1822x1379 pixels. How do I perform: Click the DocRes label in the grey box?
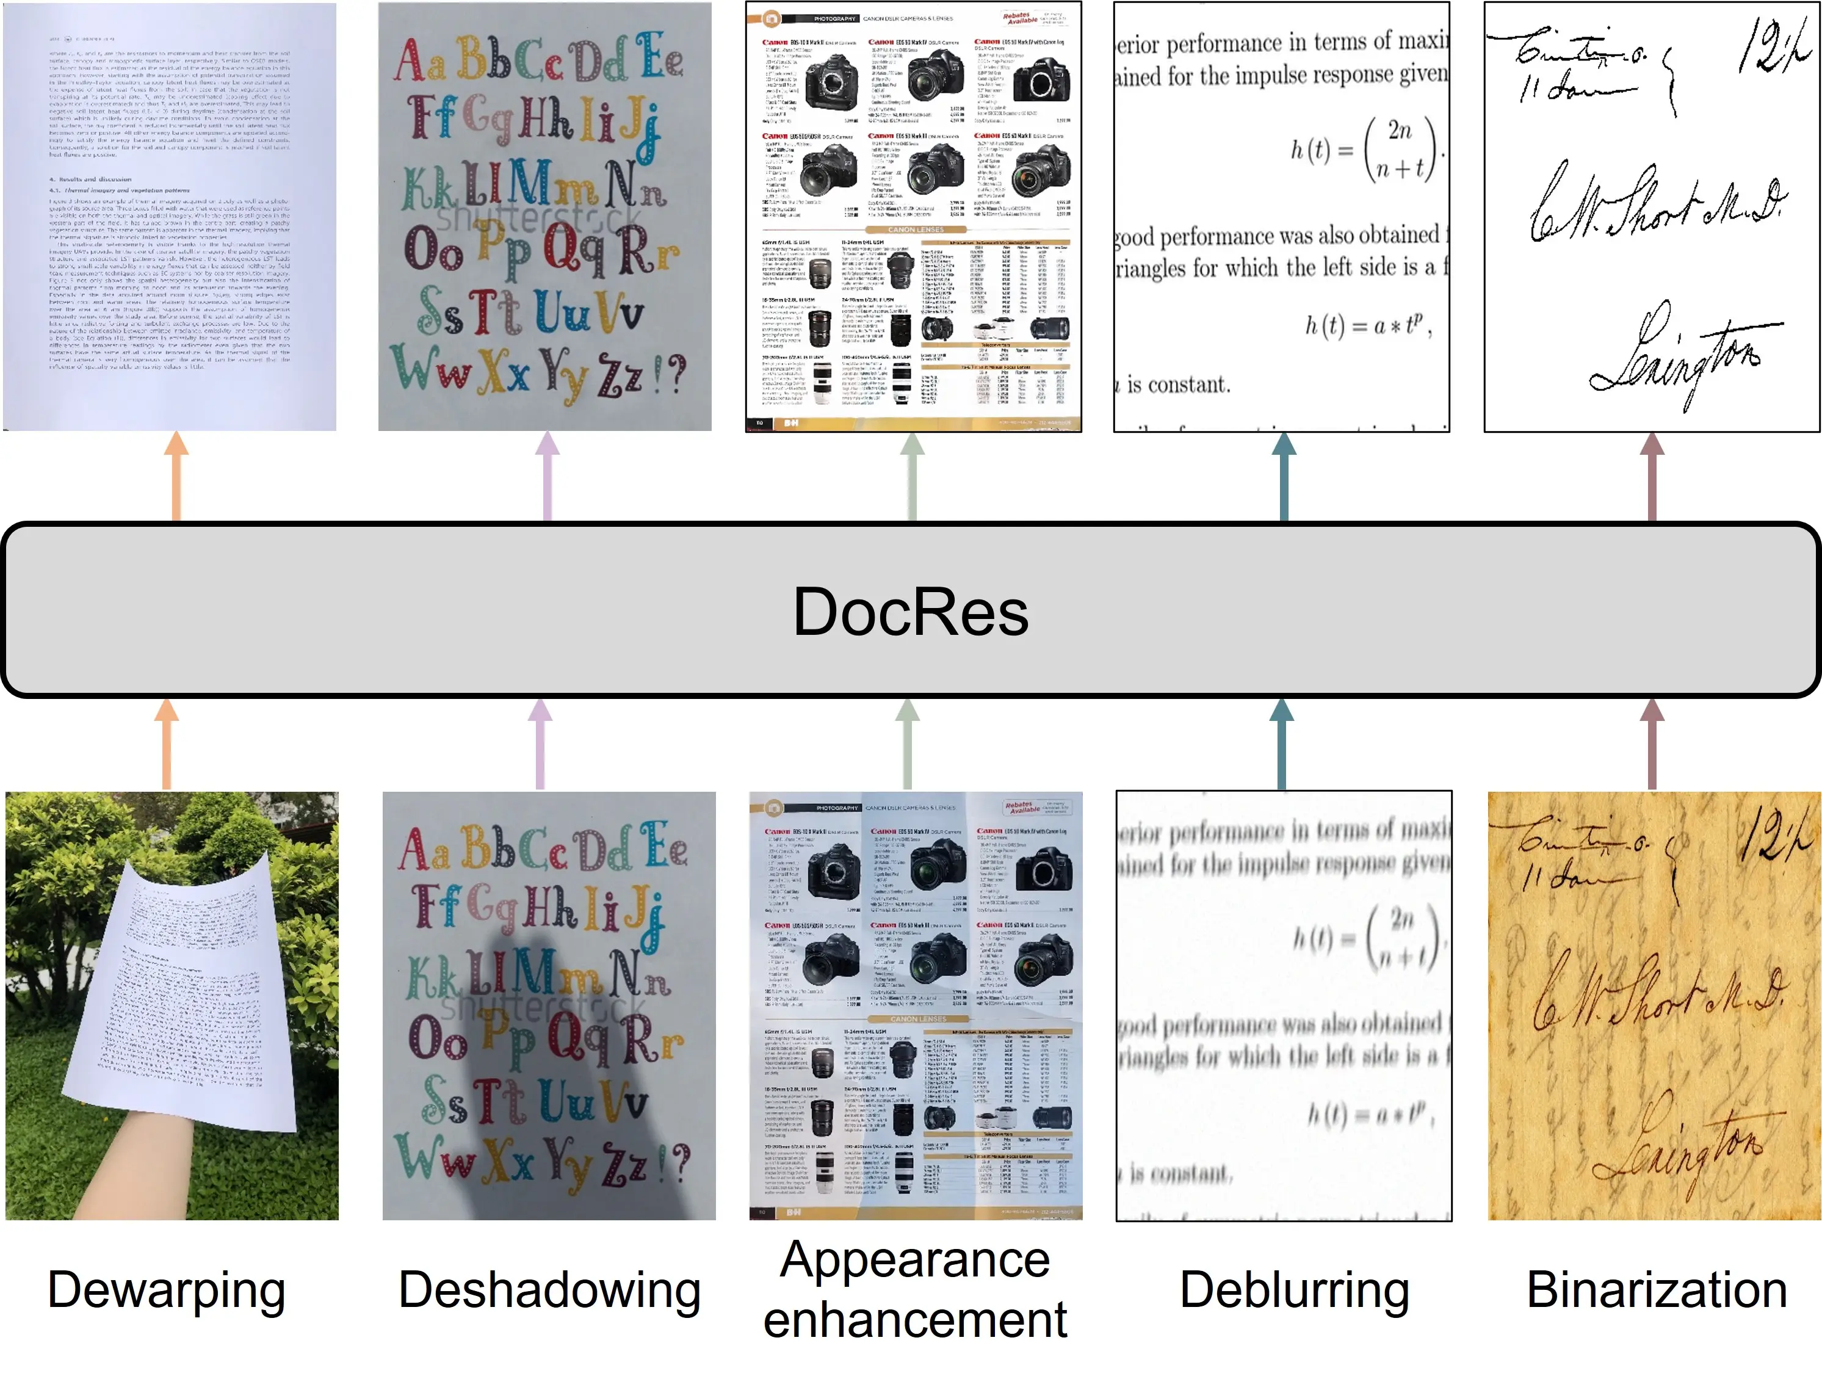coord(910,612)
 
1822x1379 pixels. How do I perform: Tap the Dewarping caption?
coord(167,1289)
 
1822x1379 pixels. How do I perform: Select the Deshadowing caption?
coord(549,1289)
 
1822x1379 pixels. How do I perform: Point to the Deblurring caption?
coord(1294,1289)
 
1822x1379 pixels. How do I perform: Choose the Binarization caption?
coord(1657,1289)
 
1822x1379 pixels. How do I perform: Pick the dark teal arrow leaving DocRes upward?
coord(1283,478)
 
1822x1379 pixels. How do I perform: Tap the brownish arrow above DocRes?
coord(1652,478)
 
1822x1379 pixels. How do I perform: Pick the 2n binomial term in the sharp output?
coord(1400,130)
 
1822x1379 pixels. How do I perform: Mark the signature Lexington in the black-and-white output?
coord(1680,354)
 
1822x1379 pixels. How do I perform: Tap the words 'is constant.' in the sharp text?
coord(1178,385)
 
